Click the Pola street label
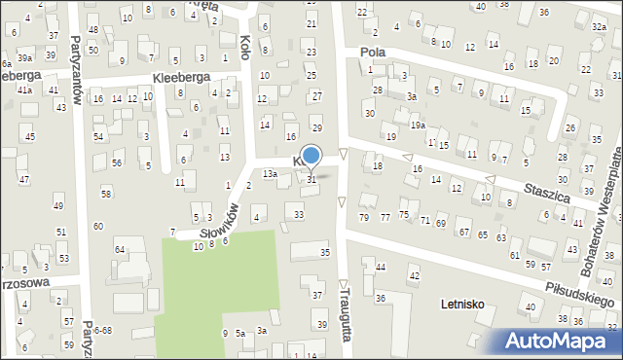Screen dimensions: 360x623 point(373,53)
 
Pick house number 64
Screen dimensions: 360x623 point(120,250)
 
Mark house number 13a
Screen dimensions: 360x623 point(270,173)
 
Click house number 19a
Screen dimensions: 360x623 point(418,126)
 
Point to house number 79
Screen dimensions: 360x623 point(364,216)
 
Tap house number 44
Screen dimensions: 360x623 point(380,267)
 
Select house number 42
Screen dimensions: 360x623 point(413,276)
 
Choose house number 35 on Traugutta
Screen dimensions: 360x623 point(325,253)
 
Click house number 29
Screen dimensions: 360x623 point(316,128)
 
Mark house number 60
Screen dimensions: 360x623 point(97,226)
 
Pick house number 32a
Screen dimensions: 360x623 point(598,28)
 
